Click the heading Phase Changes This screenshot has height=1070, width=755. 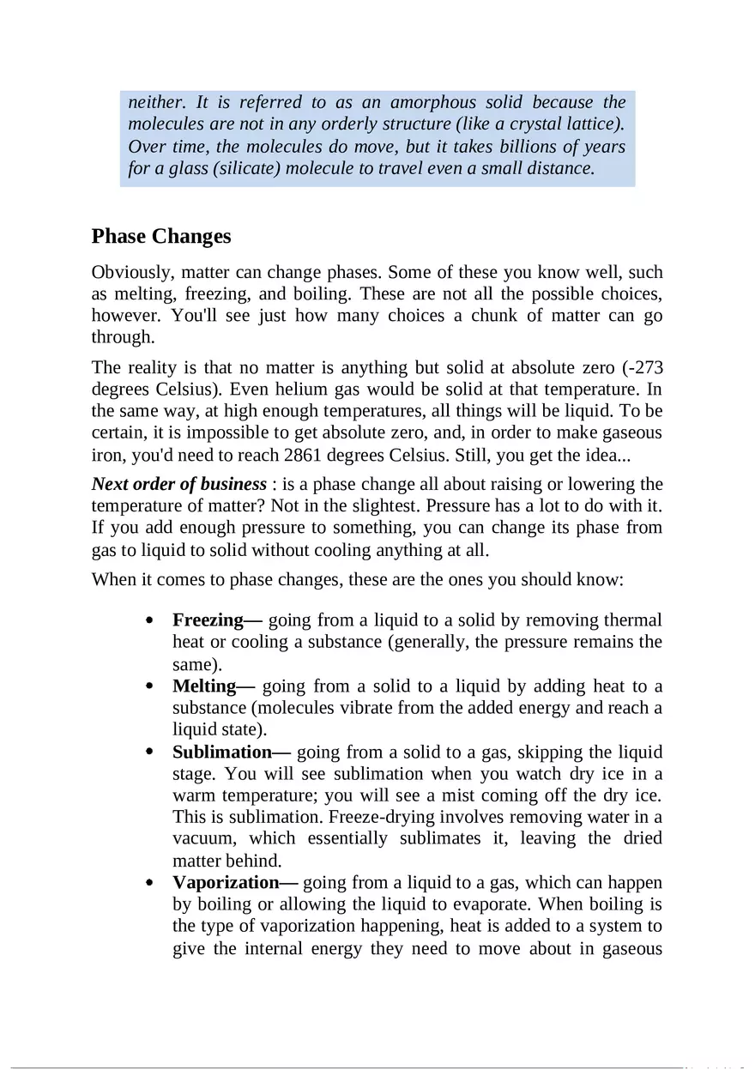pos(161,236)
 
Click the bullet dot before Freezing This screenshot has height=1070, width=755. pos(150,620)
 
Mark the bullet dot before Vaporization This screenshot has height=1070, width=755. pos(150,883)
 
